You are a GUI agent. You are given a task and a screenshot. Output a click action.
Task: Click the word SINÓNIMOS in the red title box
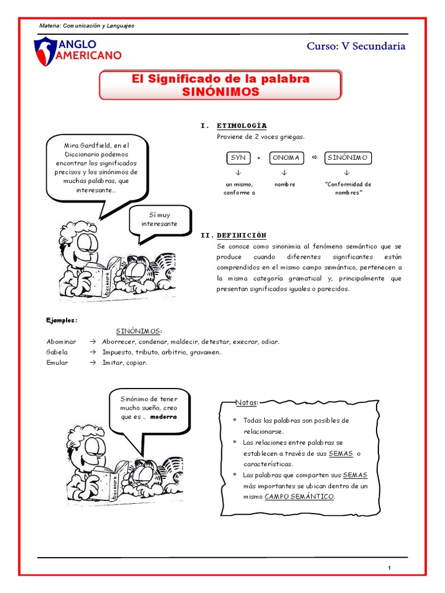[220, 91]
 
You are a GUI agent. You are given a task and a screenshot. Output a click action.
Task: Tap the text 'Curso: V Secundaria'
[356, 46]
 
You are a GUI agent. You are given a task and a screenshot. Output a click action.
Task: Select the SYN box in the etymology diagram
[238, 158]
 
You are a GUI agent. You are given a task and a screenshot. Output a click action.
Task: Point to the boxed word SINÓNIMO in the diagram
[347, 158]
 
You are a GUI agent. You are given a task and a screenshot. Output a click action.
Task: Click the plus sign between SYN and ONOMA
[258, 158]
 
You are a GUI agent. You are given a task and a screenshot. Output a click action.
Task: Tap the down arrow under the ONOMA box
[284, 173]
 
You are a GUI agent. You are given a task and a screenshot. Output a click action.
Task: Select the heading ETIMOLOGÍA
[242, 126]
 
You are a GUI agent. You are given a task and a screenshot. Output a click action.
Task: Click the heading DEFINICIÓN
[242, 235]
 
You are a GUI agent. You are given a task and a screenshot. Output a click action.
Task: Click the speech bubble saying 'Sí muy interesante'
[159, 219]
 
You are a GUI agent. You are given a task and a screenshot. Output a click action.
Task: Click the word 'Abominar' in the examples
[61, 341]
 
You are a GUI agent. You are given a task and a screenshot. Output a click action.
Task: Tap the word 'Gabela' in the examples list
[57, 352]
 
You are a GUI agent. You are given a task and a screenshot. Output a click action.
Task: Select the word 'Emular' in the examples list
[57, 363]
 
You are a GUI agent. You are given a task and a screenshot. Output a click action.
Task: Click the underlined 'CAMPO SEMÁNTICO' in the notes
[299, 497]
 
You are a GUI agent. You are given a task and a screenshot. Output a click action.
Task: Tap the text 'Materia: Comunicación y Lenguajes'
[86, 26]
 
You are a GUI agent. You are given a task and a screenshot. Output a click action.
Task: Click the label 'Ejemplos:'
[61, 320]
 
